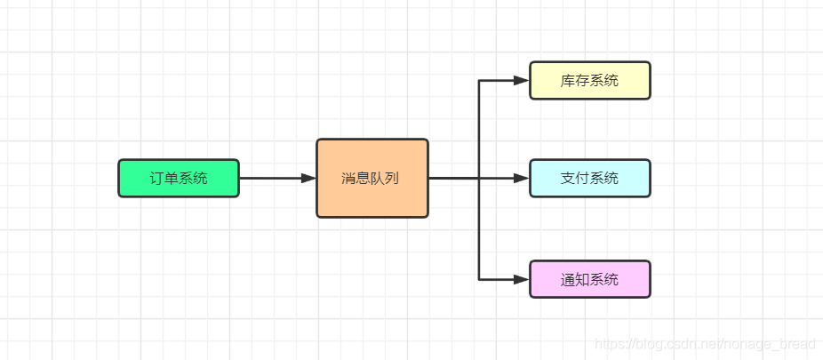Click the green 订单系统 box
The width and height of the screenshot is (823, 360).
pos(179,178)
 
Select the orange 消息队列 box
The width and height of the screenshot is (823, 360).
pos(372,178)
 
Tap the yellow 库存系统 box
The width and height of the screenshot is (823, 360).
pos(589,81)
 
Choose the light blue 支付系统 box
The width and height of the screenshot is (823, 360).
pos(589,178)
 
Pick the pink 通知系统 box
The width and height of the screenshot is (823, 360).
pos(589,279)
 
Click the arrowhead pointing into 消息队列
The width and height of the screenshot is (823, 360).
pos(308,178)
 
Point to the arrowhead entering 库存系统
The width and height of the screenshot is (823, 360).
pos(522,81)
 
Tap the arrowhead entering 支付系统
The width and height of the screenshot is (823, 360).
pos(522,178)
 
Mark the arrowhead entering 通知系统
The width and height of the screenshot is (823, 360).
pos(522,279)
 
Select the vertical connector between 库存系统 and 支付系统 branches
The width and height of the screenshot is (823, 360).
pos(479,129)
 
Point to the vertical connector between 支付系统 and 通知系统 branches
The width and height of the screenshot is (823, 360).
pos(479,229)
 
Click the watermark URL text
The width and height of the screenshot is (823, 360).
pos(707,343)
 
